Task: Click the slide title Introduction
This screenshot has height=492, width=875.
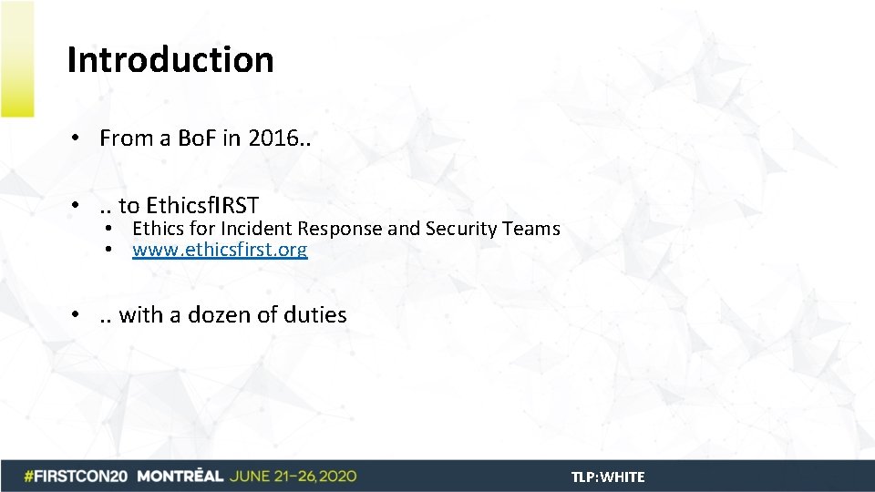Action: click(170, 60)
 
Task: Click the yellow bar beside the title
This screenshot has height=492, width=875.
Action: click(17, 59)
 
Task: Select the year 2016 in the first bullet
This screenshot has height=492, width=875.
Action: click(270, 138)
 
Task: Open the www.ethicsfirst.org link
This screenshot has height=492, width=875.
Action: click(220, 250)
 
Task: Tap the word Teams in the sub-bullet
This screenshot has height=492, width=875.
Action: click(531, 229)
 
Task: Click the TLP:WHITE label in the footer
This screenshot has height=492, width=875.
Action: click(608, 477)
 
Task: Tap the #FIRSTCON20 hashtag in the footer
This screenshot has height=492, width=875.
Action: click(77, 477)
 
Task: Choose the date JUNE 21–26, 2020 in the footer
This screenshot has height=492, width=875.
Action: click(293, 477)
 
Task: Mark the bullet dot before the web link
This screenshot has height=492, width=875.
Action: click(108, 250)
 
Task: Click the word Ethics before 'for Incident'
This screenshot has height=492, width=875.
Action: click(158, 229)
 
